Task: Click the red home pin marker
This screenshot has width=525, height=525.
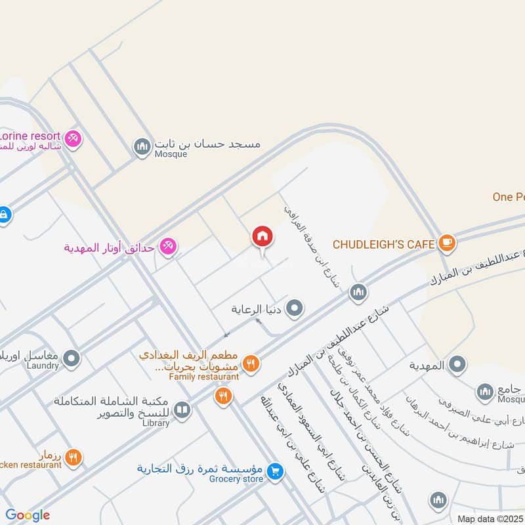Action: coord(261,237)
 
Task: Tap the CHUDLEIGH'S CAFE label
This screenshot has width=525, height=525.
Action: coord(384,244)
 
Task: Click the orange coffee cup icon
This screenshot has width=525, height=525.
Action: coord(447,243)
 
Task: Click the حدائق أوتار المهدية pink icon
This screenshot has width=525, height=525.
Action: coord(168,247)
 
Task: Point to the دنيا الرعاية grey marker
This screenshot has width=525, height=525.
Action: coord(295,307)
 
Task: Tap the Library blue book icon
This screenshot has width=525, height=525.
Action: coord(182,411)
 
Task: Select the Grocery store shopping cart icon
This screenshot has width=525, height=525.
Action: coord(276,470)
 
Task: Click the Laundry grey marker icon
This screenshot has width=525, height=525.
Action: coord(72,359)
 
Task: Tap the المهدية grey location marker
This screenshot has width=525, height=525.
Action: coord(457,364)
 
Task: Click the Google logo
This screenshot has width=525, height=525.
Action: coord(28,515)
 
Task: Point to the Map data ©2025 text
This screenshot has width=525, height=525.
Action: coord(490,518)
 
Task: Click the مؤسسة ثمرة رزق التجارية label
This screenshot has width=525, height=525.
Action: coord(200,469)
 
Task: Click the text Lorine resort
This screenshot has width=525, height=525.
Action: coord(30,135)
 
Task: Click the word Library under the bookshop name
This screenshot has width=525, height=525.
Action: coord(155,423)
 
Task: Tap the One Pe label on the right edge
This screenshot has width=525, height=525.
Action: coord(508,197)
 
